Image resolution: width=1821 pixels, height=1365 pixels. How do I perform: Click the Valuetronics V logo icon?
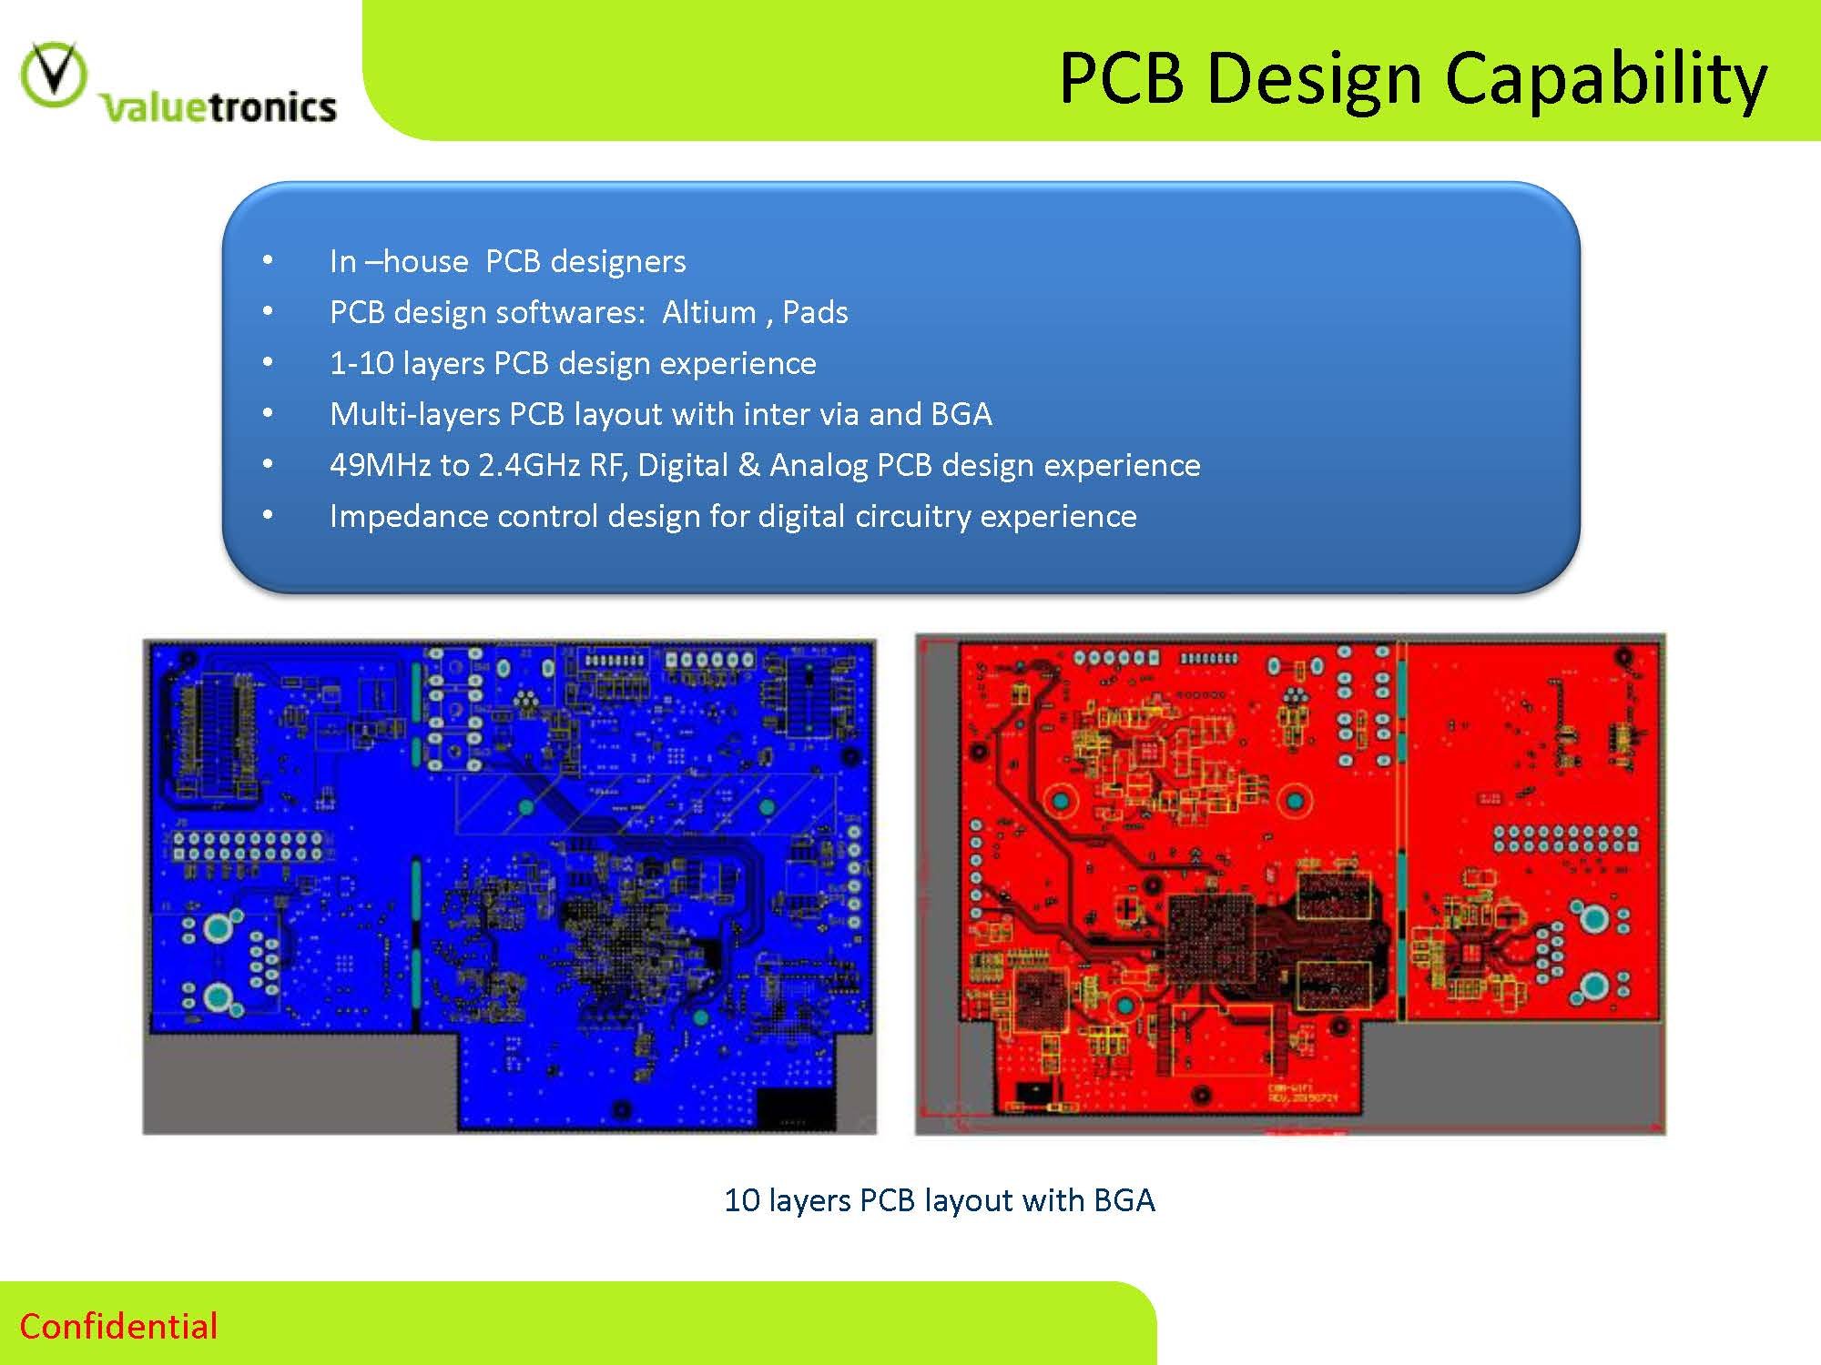point(54,75)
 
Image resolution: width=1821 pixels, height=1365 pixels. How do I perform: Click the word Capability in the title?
point(1605,79)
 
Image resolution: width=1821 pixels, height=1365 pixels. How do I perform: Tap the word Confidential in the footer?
point(118,1326)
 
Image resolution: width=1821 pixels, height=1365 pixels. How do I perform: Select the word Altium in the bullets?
point(708,312)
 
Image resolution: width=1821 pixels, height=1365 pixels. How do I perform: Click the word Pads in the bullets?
point(815,312)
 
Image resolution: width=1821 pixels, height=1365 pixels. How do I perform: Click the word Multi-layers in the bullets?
point(414,414)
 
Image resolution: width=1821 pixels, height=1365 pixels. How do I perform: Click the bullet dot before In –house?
point(267,260)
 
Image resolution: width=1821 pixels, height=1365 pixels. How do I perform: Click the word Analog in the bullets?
point(819,465)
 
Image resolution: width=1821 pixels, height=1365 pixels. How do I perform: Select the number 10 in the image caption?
point(741,1200)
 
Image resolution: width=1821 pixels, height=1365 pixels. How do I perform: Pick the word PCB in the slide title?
point(1122,79)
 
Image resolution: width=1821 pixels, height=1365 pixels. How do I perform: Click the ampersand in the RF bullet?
point(748,465)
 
